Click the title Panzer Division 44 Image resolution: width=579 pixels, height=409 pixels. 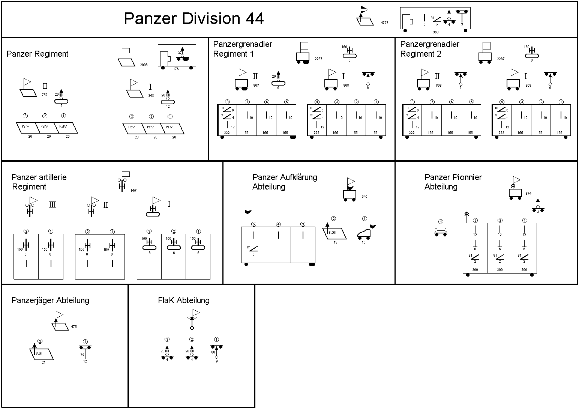(193, 18)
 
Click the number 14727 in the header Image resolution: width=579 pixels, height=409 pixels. (383, 23)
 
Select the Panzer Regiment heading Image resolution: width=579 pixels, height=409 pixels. (37, 54)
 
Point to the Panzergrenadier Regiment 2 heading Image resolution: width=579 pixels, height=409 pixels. (430, 49)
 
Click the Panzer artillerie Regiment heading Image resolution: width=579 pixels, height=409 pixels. (39, 182)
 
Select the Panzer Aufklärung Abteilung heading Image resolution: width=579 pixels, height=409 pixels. (285, 182)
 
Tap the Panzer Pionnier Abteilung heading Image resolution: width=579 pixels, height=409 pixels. (453, 182)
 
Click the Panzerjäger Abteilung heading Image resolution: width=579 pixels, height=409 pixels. (50, 301)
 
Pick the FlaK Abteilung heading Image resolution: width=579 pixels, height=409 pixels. (184, 301)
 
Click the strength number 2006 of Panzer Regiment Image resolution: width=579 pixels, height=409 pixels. (144, 65)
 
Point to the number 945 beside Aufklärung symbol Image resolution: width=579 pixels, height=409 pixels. (364, 197)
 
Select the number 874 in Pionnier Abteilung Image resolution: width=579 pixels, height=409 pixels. (528, 194)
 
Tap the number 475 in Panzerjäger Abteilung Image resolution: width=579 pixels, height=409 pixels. (74, 327)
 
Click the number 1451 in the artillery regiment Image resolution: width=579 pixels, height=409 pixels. (134, 191)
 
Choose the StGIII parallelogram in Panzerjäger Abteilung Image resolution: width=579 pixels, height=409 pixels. (42, 354)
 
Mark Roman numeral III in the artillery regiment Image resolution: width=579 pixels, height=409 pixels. (52, 205)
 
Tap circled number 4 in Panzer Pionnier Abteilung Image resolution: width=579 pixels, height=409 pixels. (441, 222)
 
